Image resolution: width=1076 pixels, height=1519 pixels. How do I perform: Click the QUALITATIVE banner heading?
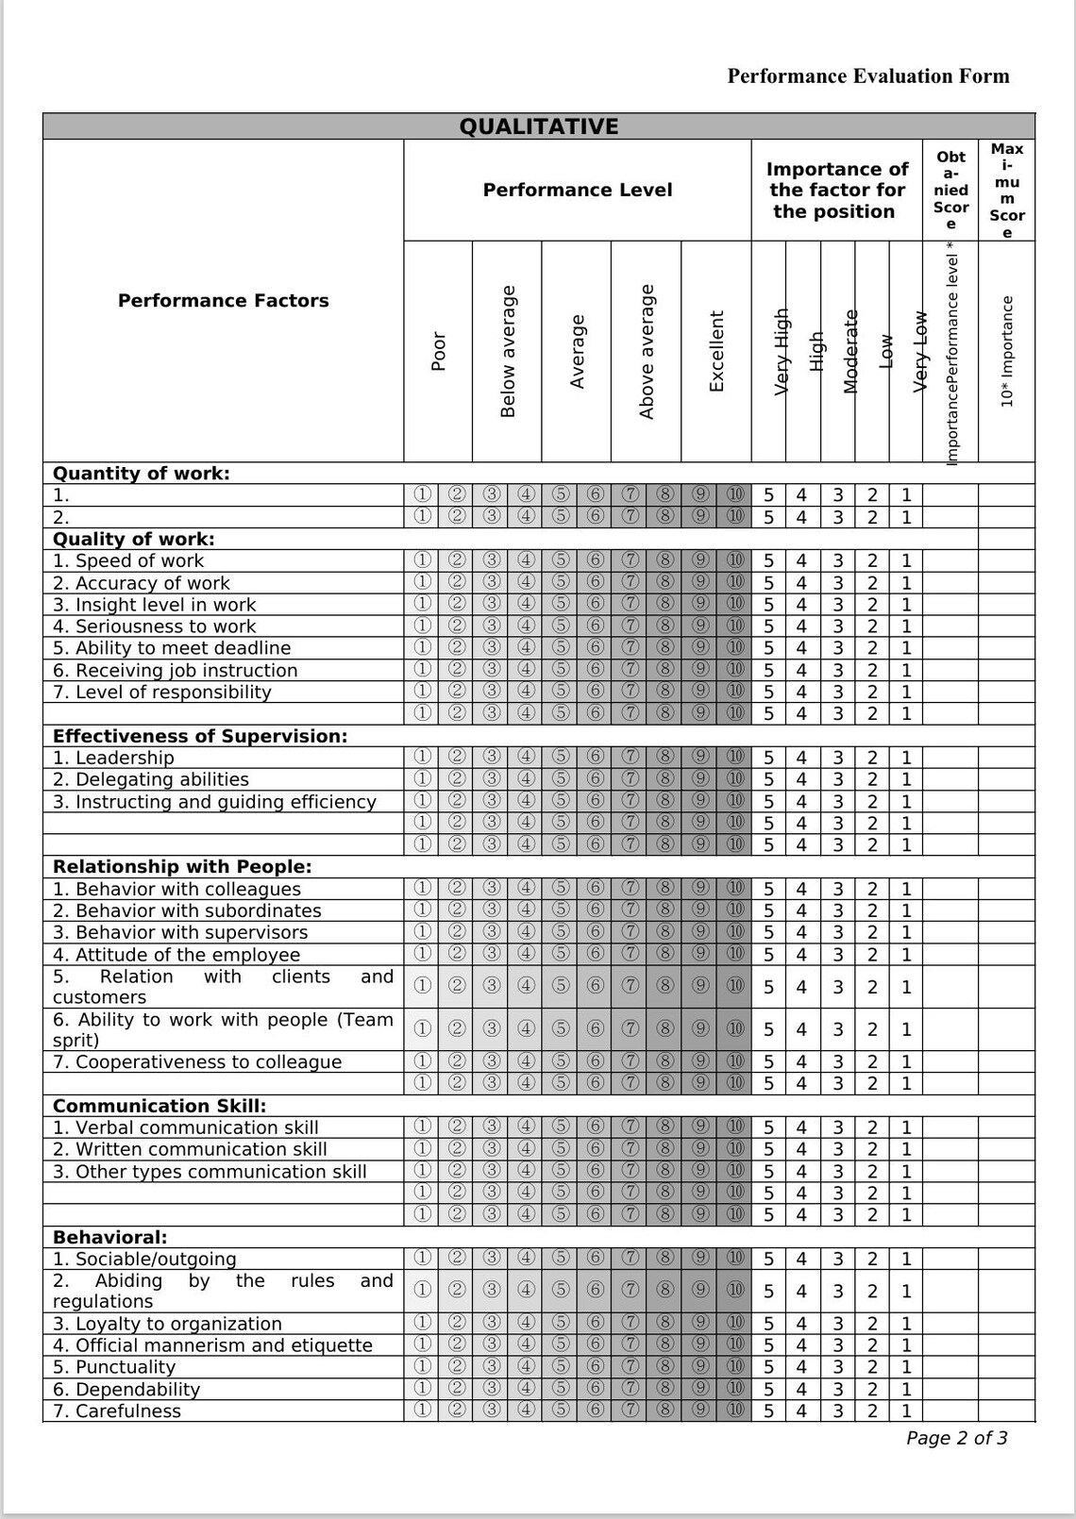(538, 126)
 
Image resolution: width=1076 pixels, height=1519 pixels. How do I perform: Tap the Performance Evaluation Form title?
(867, 76)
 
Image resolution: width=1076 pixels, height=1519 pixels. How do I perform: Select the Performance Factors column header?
(223, 301)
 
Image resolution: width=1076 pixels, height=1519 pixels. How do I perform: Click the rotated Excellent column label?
(716, 351)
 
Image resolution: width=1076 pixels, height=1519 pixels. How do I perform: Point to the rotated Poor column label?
(438, 351)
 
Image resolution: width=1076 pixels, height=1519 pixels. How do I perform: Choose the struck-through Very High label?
(782, 351)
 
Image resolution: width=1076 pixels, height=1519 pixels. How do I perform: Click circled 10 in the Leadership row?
(735, 757)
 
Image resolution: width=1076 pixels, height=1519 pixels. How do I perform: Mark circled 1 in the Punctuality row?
(422, 1367)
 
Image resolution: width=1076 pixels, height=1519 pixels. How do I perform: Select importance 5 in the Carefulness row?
(768, 1411)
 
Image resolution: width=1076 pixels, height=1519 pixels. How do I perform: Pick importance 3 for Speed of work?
(837, 561)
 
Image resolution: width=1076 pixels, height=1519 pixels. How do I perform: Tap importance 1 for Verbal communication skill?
(906, 1127)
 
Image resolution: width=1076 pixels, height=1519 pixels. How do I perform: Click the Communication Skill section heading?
(160, 1106)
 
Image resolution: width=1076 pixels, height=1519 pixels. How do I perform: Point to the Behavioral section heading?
(109, 1237)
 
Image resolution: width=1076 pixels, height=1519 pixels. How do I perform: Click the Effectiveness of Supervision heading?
(200, 736)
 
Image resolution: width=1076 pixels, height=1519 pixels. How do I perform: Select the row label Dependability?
(126, 1390)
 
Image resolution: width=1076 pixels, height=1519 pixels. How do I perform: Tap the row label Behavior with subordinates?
(187, 911)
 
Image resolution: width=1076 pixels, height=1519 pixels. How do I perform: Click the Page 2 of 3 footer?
(956, 1438)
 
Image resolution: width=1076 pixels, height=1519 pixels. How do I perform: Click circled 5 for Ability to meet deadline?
(561, 648)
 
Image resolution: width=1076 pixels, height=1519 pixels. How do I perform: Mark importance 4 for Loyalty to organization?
(801, 1324)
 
